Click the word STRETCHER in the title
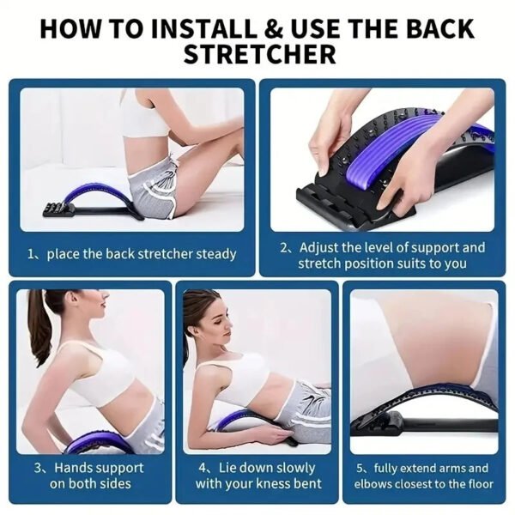pyautogui.click(x=257, y=55)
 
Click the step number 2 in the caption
pyautogui.click(x=285, y=247)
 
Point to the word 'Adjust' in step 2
pyautogui.click(x=319, y=247)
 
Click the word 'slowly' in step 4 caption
pyautogui.click(x=294, y=468)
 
